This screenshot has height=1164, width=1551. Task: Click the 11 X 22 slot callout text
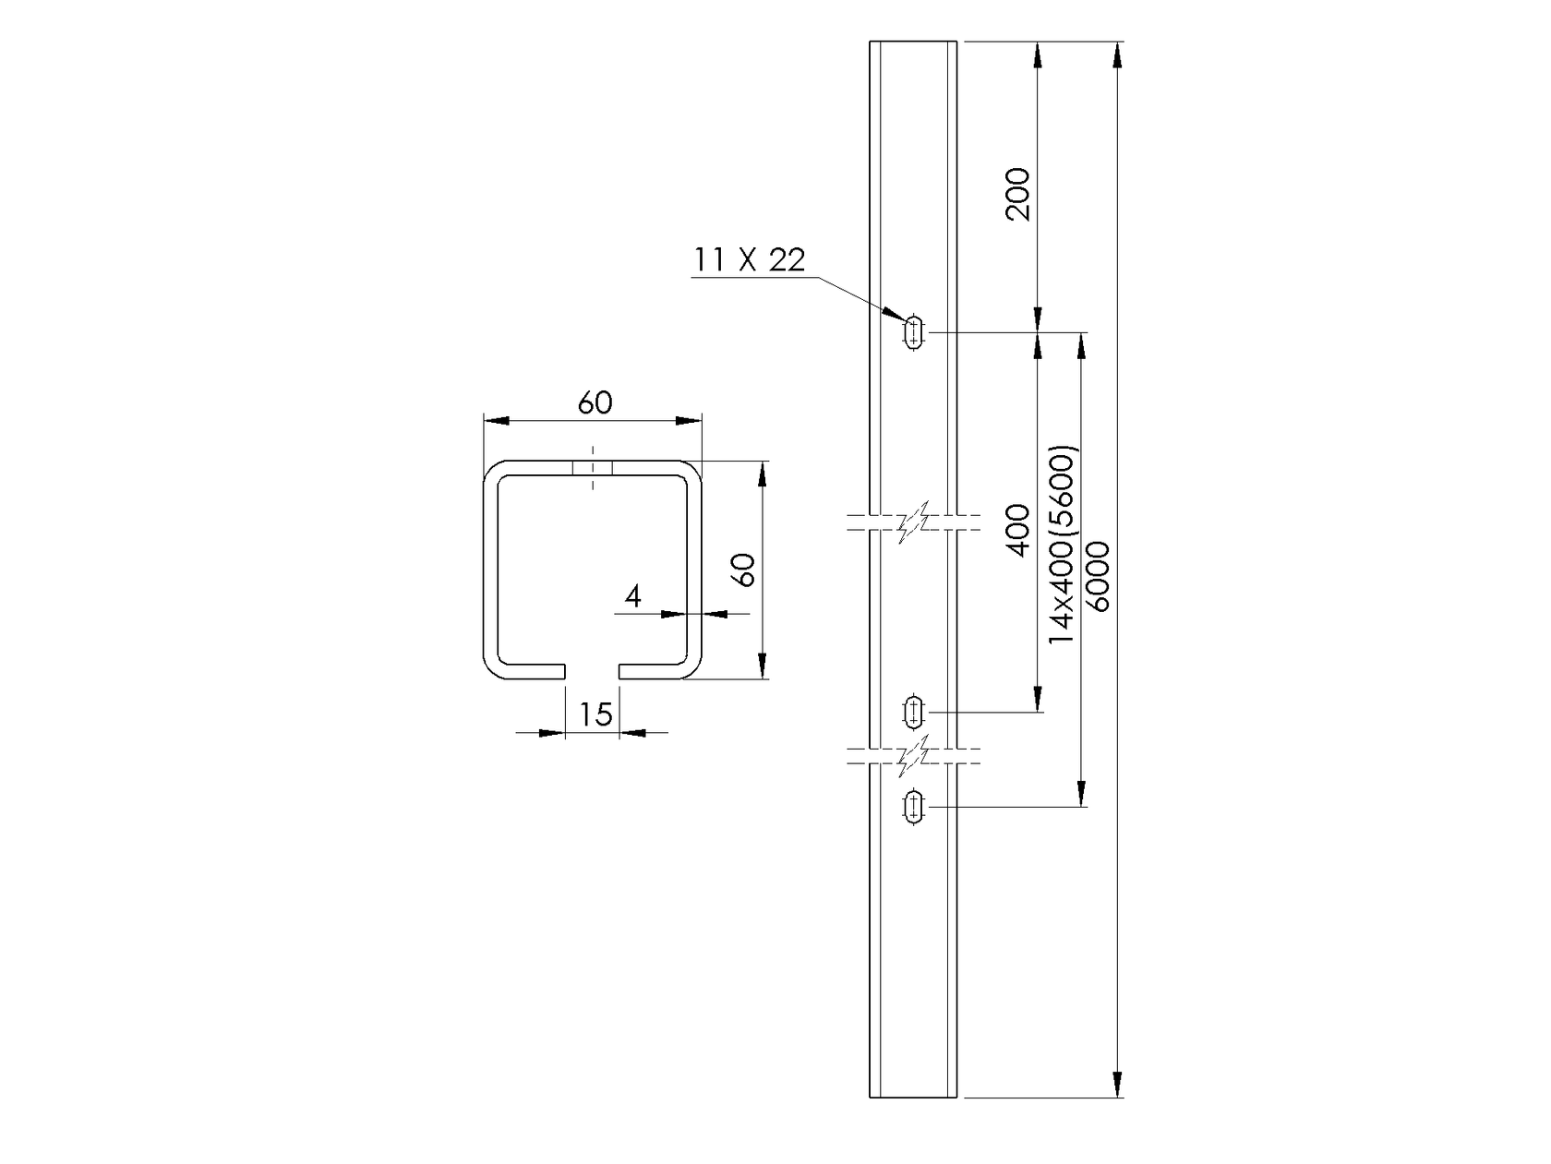click(750, 260)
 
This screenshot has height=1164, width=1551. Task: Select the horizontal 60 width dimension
click(595, 403)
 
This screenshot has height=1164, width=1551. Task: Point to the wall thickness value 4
click(632, 597)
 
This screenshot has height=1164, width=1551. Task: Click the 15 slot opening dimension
click(596, 714)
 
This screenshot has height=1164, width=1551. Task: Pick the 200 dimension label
click(1017, 194)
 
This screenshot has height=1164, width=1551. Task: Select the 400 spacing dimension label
click(1017, 530)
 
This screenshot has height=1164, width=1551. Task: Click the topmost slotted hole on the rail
click(914, 331)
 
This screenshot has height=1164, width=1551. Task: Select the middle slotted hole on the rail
click(913, 712)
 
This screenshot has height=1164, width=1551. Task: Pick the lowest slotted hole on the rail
click(913, 806)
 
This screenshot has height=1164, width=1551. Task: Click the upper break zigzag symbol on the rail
click(913, 523)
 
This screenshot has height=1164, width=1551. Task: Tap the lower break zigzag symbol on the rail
click(913, 756)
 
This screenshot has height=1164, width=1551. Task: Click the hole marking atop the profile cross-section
click(593, 467)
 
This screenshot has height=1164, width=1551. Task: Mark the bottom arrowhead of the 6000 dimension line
click(1118, 1086)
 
